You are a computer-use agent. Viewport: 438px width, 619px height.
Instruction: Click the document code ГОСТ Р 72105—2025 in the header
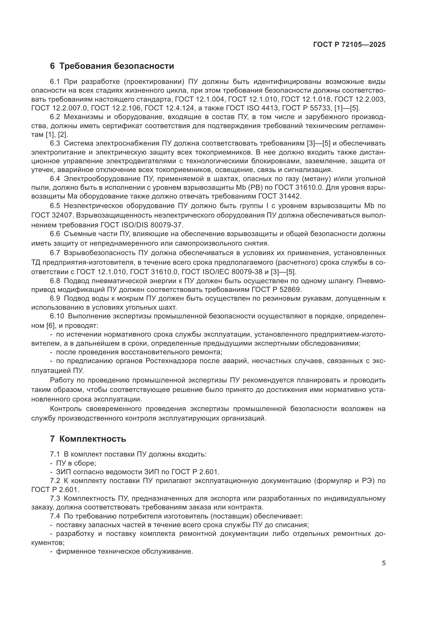(x=349, y=44)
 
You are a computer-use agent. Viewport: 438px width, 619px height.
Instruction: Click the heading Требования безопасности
(x=116, y=66)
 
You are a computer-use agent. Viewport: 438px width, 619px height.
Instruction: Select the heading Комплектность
(x=92, y=439)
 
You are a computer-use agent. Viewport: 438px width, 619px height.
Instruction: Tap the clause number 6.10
(x=57, y=316)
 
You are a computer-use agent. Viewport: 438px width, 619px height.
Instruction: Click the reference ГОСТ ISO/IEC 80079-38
(x=225, y=272)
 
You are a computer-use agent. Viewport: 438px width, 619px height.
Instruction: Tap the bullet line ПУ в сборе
(x=76, y=463)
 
